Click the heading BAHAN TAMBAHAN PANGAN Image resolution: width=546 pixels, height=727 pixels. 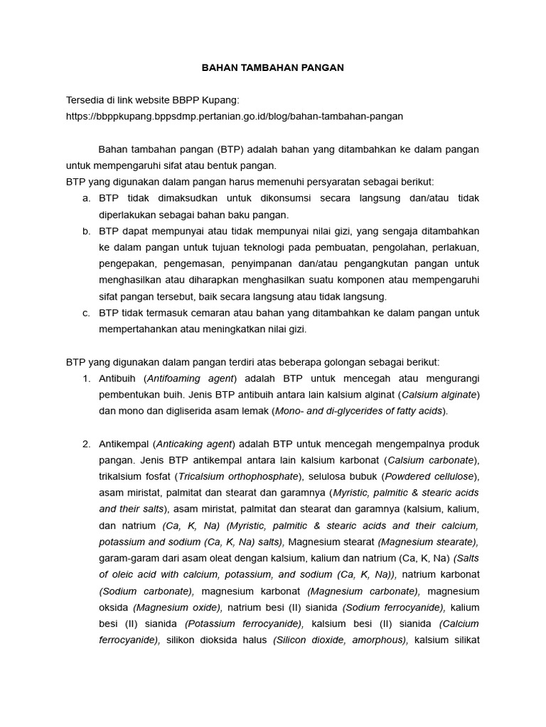click(x=273, y=67)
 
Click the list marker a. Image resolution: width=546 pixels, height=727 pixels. click(x=86, y=198)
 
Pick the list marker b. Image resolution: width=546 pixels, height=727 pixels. click(x=86, y=231)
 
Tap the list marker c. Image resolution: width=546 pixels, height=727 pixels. click(x=86, y=312)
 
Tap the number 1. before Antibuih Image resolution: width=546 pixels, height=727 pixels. click(x=86, y=378)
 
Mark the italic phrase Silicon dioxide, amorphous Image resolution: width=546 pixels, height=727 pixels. click(x=340, y=640)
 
